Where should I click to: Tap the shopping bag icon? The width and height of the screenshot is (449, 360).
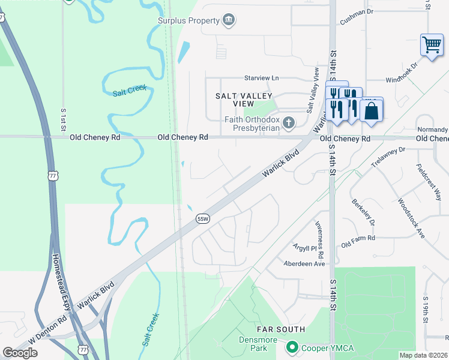click(x=372, y=111)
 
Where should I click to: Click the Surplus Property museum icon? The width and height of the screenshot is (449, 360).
click(x=229, y=21)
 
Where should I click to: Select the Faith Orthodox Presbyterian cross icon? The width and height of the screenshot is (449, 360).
click(x=289, y=124)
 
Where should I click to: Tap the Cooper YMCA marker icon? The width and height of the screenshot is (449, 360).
click(x=292, y=347)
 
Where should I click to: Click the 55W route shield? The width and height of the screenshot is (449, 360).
click(x=203, y=220)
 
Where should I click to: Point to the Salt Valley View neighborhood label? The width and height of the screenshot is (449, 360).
click(x=244, y=100)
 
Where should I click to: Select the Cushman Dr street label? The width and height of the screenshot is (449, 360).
click(x=357, y=11)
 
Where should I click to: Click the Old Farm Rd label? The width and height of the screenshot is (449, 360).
click(x=358, y=242)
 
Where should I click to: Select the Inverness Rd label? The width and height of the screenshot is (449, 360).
click(x=321, y=236)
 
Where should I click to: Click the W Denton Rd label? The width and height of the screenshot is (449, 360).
click(x=46, y=330)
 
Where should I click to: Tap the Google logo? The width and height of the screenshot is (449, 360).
click(x=20, y=353)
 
